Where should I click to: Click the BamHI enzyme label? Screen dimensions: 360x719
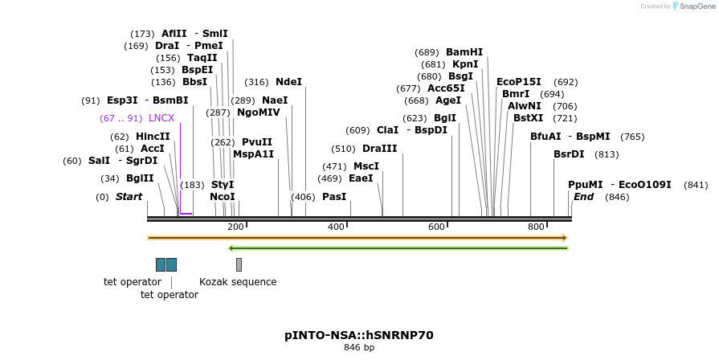click(464, 51)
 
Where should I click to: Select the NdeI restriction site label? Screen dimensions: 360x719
click(288, 82)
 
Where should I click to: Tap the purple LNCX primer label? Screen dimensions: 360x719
click(161, 118)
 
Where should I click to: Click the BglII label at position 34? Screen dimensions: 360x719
click(140, 178)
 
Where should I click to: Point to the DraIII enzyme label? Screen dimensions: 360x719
click(380, 149)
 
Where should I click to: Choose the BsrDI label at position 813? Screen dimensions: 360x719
click(569, 154)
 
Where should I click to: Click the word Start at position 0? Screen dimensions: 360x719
click(129, 197)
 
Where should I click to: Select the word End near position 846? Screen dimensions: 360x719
click(584, 197)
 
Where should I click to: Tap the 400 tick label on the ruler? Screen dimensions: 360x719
click(336, 227)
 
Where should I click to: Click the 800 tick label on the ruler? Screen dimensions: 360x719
click(536, 227)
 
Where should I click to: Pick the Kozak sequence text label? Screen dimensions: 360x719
click(238, 282)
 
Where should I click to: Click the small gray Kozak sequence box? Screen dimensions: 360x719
click(239, 264)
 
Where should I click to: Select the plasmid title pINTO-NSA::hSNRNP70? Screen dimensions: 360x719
click(359, 335)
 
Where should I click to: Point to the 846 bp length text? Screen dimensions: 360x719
click(359, 348)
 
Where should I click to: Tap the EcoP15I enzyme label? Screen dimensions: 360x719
click(519, 82)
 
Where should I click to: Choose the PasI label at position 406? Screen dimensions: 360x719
click(334, 197)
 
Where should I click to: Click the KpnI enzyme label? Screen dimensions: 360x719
click(465, 64)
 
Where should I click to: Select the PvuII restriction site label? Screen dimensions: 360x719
click(257, 142)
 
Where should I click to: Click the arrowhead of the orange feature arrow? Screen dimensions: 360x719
click(565, 238)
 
